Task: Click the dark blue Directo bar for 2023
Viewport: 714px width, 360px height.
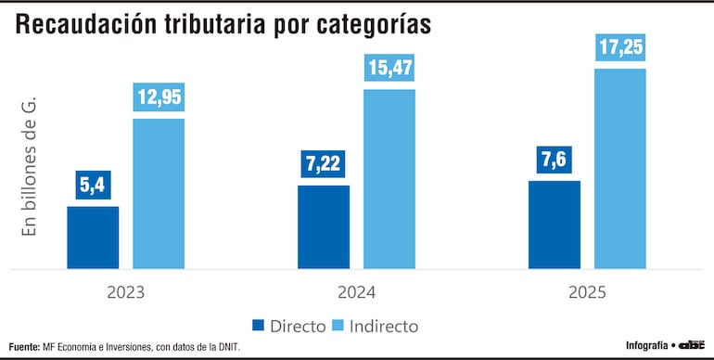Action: coord(93,238)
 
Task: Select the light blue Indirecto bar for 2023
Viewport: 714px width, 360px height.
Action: coord(159,194)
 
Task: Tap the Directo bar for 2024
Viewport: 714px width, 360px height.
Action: coord(324,227)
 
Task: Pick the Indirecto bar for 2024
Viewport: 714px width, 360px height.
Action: coord(389,179)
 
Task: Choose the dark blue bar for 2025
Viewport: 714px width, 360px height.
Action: coord(554,225)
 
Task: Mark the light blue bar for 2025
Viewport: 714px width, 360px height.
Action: coord(619,169)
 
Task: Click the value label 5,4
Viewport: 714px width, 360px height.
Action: coord(93,185)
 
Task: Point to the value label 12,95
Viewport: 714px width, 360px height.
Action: coord(159,96)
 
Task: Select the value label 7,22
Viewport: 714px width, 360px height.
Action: coord(324,164)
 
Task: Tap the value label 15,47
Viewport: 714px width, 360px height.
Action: coord(389,68)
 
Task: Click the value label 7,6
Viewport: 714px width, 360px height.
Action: coord(554,160)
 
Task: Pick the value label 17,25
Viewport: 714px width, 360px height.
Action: coord(619,47)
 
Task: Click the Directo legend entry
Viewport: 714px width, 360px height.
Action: coord(288,326)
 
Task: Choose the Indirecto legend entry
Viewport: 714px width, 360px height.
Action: coord(375,326)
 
